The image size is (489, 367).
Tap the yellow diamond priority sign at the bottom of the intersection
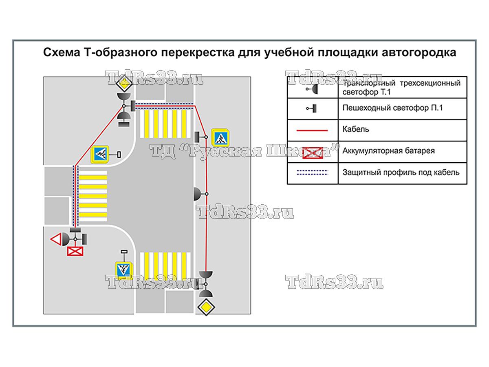point(206,307)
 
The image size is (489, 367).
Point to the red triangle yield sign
point(55,239)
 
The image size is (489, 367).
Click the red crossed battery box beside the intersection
point(75,251)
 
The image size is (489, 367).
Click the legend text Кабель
point(356,130)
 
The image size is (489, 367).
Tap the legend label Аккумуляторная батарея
point(388,151)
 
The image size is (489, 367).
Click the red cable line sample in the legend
point(313,130)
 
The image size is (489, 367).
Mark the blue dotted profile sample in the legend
point(313,172)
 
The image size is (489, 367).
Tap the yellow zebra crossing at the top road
point(165,124)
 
